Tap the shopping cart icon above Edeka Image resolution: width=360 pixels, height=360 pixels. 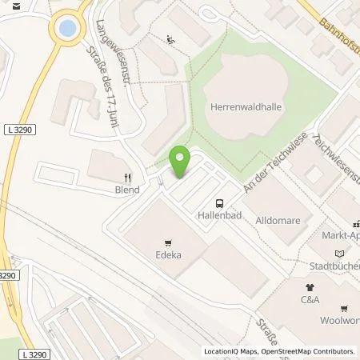pos(168,243)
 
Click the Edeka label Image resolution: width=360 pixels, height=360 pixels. pos(169,256)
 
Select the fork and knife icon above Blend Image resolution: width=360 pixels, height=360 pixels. pos(128,178)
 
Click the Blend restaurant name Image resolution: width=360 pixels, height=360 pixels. pos(127,190)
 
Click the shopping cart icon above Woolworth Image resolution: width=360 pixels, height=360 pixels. pos(345,306)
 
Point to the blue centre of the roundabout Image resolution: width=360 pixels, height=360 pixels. pos(67,29)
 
